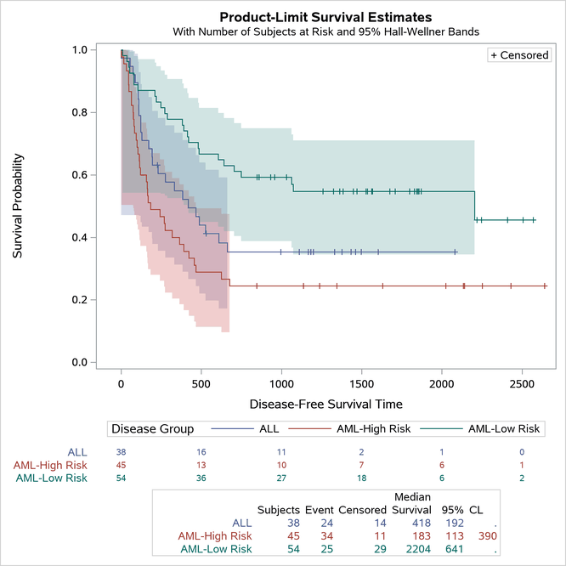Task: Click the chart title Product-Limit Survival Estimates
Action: click(x=325, y=16)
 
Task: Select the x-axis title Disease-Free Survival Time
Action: click(x=325, y=404)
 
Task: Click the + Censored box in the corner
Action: click(x=519, y=55)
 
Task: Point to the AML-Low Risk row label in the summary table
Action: click(x=218, y=550)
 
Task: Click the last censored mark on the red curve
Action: click(x=545, y=286)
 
